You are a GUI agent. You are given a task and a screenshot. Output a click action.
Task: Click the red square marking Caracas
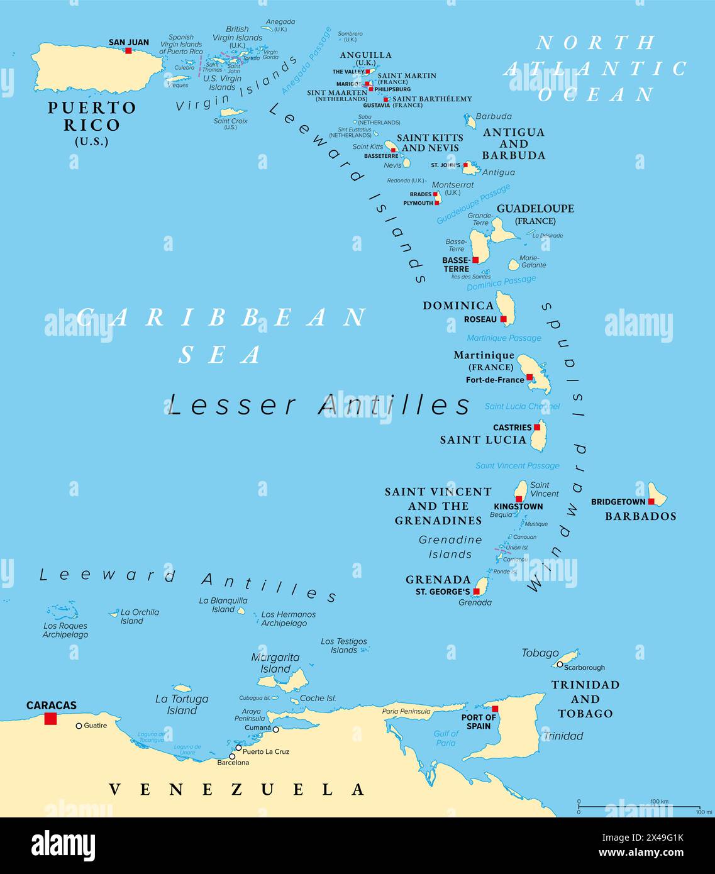coord(50,718)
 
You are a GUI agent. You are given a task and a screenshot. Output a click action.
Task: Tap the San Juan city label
coord(129,43)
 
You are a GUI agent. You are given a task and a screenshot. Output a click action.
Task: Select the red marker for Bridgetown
coord(651,502)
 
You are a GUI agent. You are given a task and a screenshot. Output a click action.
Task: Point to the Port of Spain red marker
coord(495,709)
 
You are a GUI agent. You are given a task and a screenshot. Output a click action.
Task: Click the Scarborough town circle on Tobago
coord(559,664)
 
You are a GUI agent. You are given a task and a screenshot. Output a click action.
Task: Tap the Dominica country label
coord(458,306)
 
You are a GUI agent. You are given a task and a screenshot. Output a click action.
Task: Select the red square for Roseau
coord(504,319)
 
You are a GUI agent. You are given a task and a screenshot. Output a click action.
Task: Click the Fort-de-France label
coord(495,380)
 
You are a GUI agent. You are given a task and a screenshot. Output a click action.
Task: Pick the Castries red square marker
coord(537,427)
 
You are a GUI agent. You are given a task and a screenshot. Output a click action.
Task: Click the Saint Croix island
coord(230,112)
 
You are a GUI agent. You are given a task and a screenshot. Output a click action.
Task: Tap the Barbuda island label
coord(494,116)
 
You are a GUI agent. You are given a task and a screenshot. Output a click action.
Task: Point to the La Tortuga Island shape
coord(182,689)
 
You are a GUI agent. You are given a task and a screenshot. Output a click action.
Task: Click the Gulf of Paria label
coord(445,738)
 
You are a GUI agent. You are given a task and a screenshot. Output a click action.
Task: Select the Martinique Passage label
coord(504,338)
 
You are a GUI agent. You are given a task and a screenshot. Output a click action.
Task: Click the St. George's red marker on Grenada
coord(477,592)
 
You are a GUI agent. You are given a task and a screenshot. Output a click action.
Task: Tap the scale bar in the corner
coord(638,807)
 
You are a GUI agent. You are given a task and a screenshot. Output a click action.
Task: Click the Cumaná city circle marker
coord(275,729)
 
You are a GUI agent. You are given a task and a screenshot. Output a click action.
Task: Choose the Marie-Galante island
coord(514,265)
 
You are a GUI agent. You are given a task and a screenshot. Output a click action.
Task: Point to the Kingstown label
coord(518,507)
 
